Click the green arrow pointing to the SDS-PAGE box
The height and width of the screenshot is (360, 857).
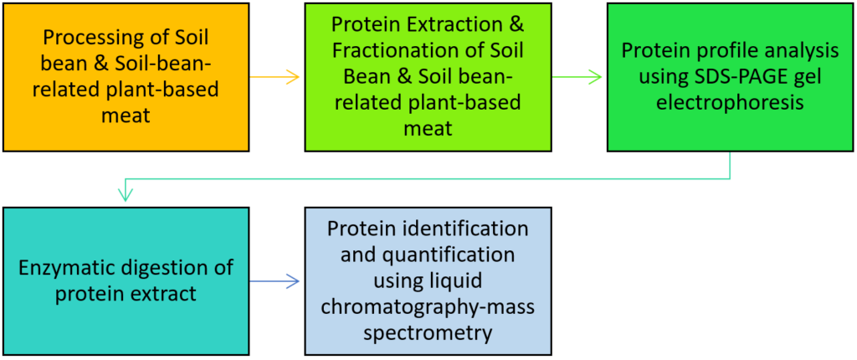(x=577, y=78)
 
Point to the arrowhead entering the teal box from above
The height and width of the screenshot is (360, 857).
(x=126, y=195)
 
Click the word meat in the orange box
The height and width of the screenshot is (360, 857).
(x=125, y=116)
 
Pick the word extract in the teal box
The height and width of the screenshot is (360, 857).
(x=167, y=294)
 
